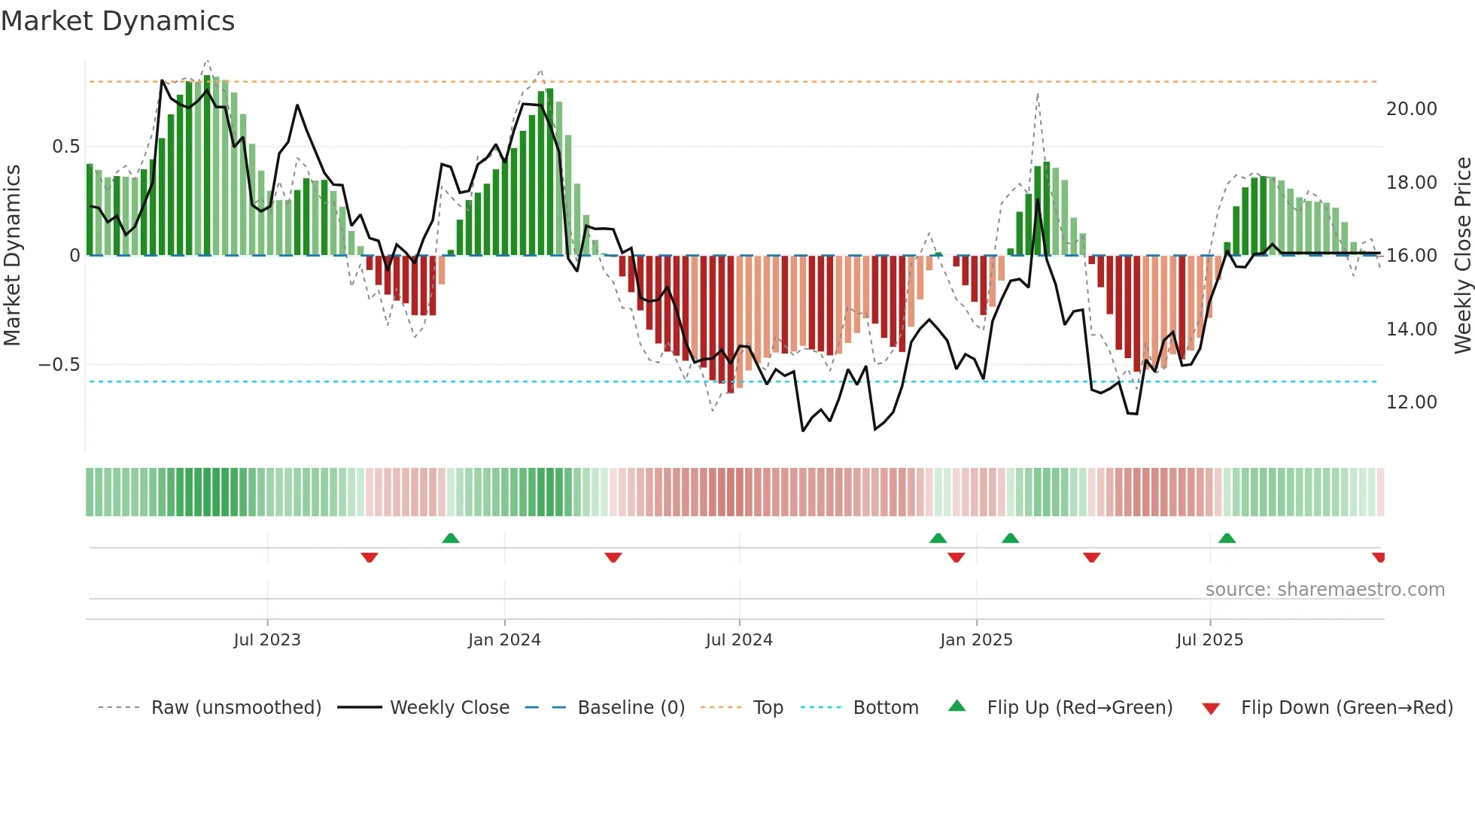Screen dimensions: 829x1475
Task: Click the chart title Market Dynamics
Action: coord(117,21)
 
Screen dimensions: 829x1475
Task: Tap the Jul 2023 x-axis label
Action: coord(267,640)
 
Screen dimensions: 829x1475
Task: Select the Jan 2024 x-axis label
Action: coord(504,640)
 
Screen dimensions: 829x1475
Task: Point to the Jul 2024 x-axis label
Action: coord(739,640)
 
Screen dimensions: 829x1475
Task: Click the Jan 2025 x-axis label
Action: coord(976,640)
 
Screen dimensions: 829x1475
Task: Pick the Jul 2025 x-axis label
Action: coord(1210,640)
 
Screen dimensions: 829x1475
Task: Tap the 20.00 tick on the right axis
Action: coord(1411,109)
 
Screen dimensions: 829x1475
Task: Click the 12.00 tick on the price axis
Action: coord(1411,402)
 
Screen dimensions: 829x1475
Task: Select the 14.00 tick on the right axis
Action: coord(1411,329)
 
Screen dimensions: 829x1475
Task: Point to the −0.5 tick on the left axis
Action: coord(59,365)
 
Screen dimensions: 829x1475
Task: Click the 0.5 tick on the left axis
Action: coord(65,147)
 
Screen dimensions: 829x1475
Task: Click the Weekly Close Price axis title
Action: coord(1462,255)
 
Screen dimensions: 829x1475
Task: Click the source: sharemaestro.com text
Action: coord(1324,590)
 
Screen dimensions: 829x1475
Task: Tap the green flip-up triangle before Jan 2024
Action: coord(451,539)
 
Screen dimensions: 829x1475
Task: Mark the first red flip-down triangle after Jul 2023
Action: coord(370,557)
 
